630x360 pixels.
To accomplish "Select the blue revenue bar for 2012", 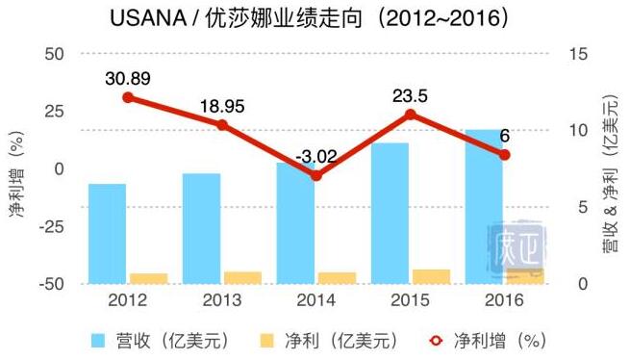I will click(107, 233).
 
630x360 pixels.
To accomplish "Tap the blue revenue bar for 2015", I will click(390, 213).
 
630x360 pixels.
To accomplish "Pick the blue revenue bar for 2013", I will click(201, 228).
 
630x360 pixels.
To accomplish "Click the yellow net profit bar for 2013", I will click(242, 277).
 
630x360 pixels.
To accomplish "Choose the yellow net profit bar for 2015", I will click(431, 276).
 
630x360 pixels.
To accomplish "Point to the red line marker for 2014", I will click(316, 176).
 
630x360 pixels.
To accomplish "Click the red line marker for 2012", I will click(128, 97).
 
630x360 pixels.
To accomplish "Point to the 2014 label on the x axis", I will click(316, 300).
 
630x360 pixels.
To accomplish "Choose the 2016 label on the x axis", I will click(504, 300).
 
